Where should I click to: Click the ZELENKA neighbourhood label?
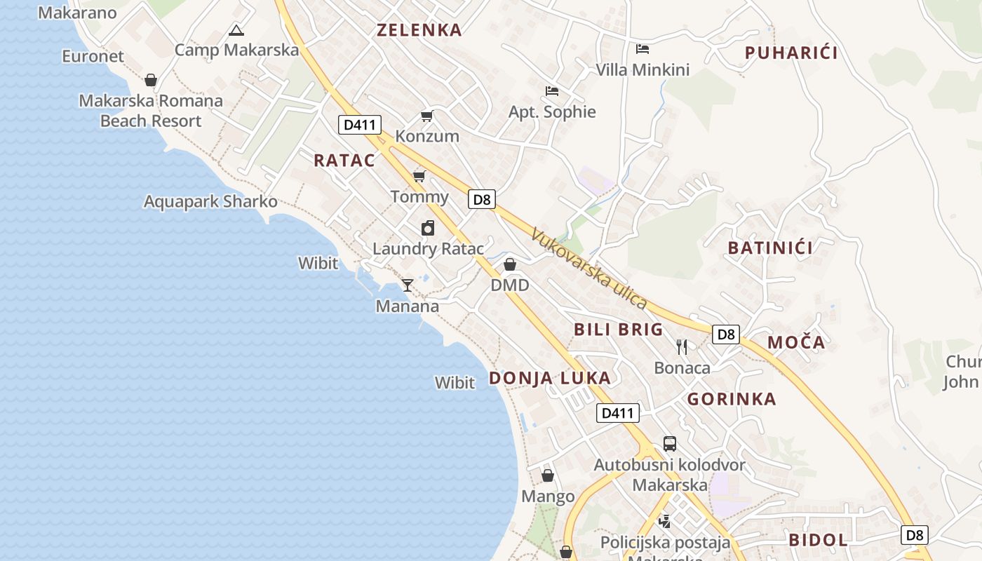(x=419, y=30)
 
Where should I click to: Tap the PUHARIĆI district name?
(x=791, y=53)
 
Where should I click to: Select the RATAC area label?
(x=344, y=161)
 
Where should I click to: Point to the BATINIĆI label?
(x=770, y=248)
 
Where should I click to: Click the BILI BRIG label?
(x=618, y=330)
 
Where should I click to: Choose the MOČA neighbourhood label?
(x=796, y=343)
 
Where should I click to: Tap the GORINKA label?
(x=732, y=400)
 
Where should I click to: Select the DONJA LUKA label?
(x=550, y=379)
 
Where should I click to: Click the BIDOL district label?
(x=818, y=540)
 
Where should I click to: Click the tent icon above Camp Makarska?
(x=236, y=30)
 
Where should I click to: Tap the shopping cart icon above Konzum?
(x=426, y=116)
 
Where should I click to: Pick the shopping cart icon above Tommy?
(x=419, y=176)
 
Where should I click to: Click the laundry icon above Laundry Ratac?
(x=428, y=228)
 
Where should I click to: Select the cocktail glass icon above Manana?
(x=407, y=285)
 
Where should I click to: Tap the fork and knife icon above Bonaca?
(x=682, y=346)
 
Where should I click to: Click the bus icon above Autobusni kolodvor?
(x=670, y=444)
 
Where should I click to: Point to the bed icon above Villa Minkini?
(x=643, y=49)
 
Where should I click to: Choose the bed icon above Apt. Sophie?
(x=552, y=91)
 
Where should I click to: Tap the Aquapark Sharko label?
(x=210, y=202)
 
